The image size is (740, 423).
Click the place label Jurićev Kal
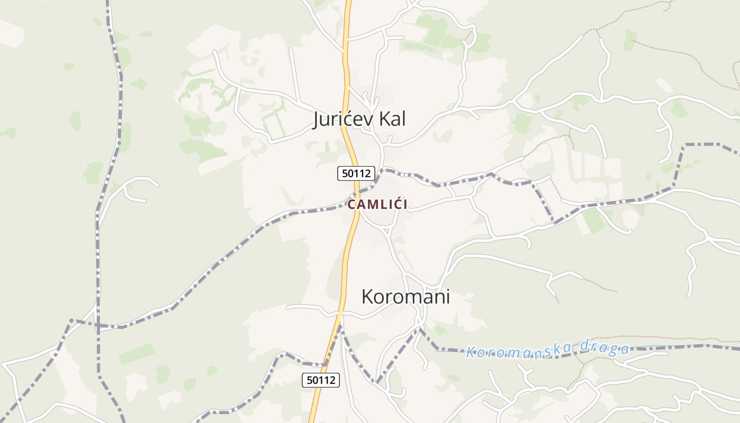tap(359, 119)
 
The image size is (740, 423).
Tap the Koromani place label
tap(405, 297)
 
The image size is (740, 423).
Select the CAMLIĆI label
tap(377, 205)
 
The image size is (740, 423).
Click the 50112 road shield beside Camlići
tap(356, 173)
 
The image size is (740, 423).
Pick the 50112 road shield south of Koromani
tap(321, 380)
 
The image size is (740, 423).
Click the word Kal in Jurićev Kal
tap(391, 119)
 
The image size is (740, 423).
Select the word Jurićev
tap(341, 119)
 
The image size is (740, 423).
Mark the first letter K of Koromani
tap(367, 297)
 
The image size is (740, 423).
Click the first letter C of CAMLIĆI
tap(351, 205)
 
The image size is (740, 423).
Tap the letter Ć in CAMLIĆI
tap(395, 204)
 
